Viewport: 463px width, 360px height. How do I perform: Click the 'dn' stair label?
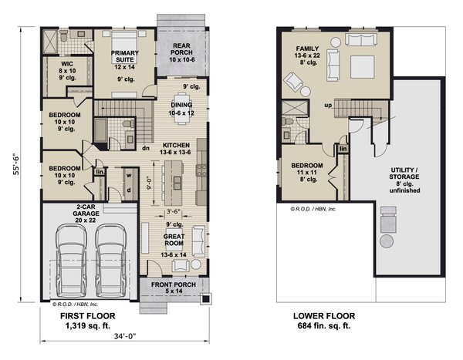coord(146,148)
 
